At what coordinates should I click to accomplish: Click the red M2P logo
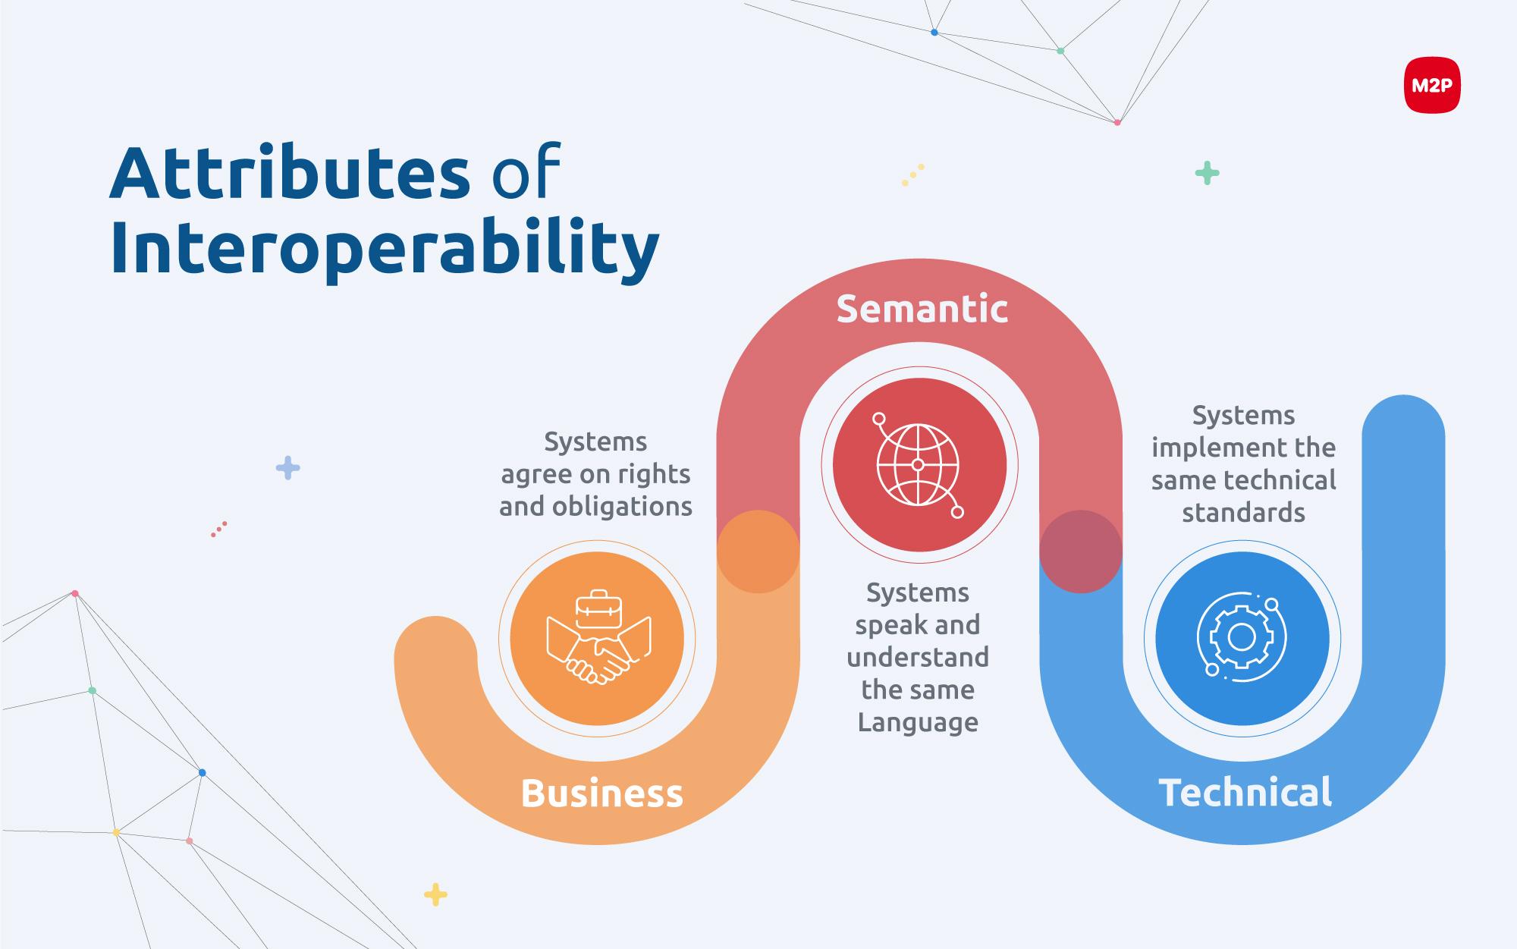(x=1432, y=86)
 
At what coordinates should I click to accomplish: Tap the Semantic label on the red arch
(x=922, y=309)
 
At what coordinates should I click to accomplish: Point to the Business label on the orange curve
(x=602, y=793)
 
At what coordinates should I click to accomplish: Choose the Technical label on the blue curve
(x=1245, y=793)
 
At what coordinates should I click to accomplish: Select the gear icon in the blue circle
(x=1241, y=638)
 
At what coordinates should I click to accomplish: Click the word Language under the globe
(x=918, y=723)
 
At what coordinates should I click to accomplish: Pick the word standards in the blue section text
(x=1244, y=513)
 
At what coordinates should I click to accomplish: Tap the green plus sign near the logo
(x=1207, y=174)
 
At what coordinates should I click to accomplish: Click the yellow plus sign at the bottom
(x=435, y=894)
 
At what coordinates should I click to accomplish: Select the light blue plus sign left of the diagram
(x=287, y=468)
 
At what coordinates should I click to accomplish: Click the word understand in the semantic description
(x=918, y=657)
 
